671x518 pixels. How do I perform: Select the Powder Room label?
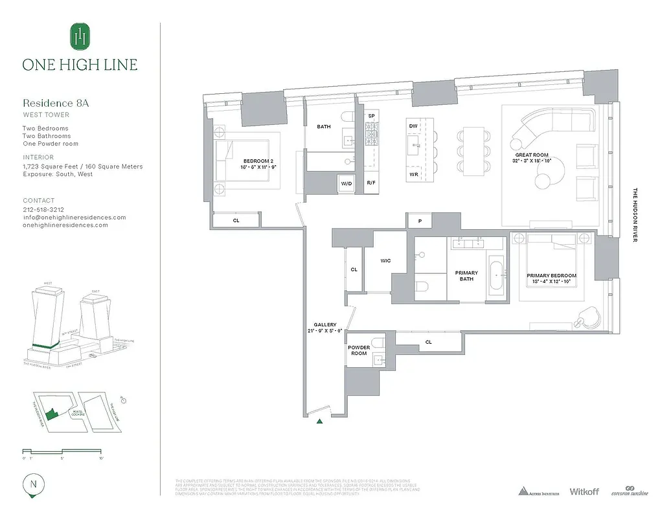point(359,350)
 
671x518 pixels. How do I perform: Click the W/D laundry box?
point(347,184)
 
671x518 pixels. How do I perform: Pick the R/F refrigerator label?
point(371,184)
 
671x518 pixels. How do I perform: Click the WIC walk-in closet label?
point(385,261)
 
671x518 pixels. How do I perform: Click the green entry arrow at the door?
point(320,422)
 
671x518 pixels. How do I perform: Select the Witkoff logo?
point(586,491)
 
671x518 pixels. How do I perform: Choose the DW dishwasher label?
point(413,126)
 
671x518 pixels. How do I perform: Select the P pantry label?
point(420,221)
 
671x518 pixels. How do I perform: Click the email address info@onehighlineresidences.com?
point(74,218)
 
